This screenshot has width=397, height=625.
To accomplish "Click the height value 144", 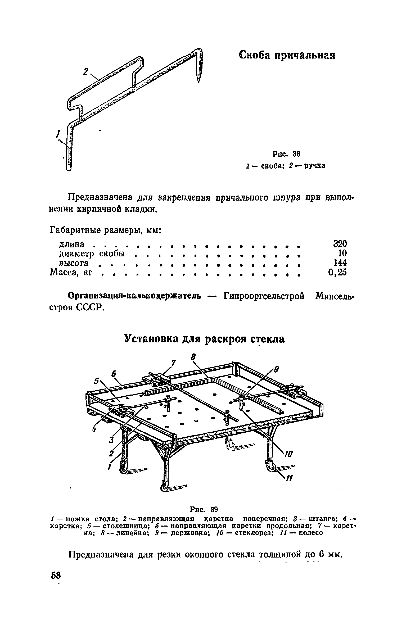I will (x=340, y=263).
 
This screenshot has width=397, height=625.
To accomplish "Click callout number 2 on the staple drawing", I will (x=85, y=72).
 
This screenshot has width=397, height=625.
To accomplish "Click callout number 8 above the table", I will (x=194, y=357).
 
